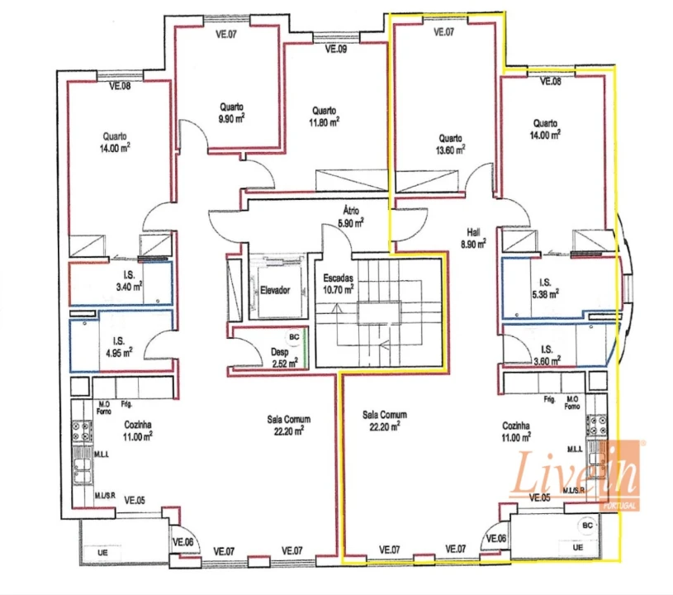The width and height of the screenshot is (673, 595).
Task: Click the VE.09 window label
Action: [335, 50]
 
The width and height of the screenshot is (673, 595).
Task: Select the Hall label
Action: [473, 232]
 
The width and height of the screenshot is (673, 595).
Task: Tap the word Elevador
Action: [274, 290]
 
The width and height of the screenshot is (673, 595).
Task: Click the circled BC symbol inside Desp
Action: [293, 337]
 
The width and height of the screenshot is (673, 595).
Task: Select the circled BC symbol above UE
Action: [587, 525]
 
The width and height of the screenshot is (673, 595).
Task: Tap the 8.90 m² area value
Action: [473, 244]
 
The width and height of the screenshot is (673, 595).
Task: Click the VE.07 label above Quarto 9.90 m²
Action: [226, 35]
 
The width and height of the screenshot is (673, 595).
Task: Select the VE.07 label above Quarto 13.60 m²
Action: [443, 33]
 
